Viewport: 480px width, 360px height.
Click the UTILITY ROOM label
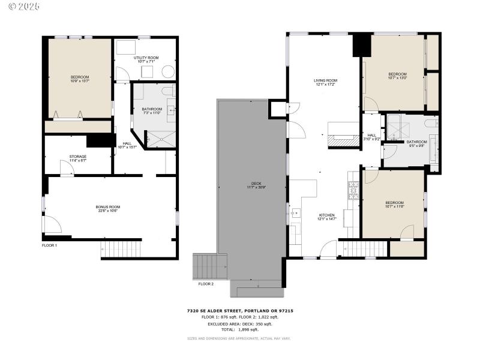coord(145,57)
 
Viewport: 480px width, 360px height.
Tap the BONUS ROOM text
coord(108,207)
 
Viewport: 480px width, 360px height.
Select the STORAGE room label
coord(78,157)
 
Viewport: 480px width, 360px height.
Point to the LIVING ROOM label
coord(325,80)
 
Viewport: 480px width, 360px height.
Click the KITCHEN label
coord(326,215)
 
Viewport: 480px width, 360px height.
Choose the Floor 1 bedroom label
coord(80,77)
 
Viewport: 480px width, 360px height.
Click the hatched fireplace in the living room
coord(343,142)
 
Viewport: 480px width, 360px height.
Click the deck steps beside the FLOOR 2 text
coord(210,266)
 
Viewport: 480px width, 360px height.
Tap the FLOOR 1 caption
coord(49,245)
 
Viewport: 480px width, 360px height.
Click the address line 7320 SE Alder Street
coord(239,311)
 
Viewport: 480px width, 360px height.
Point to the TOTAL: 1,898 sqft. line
coord(239,329)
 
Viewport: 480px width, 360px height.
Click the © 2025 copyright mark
coord(20,7)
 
